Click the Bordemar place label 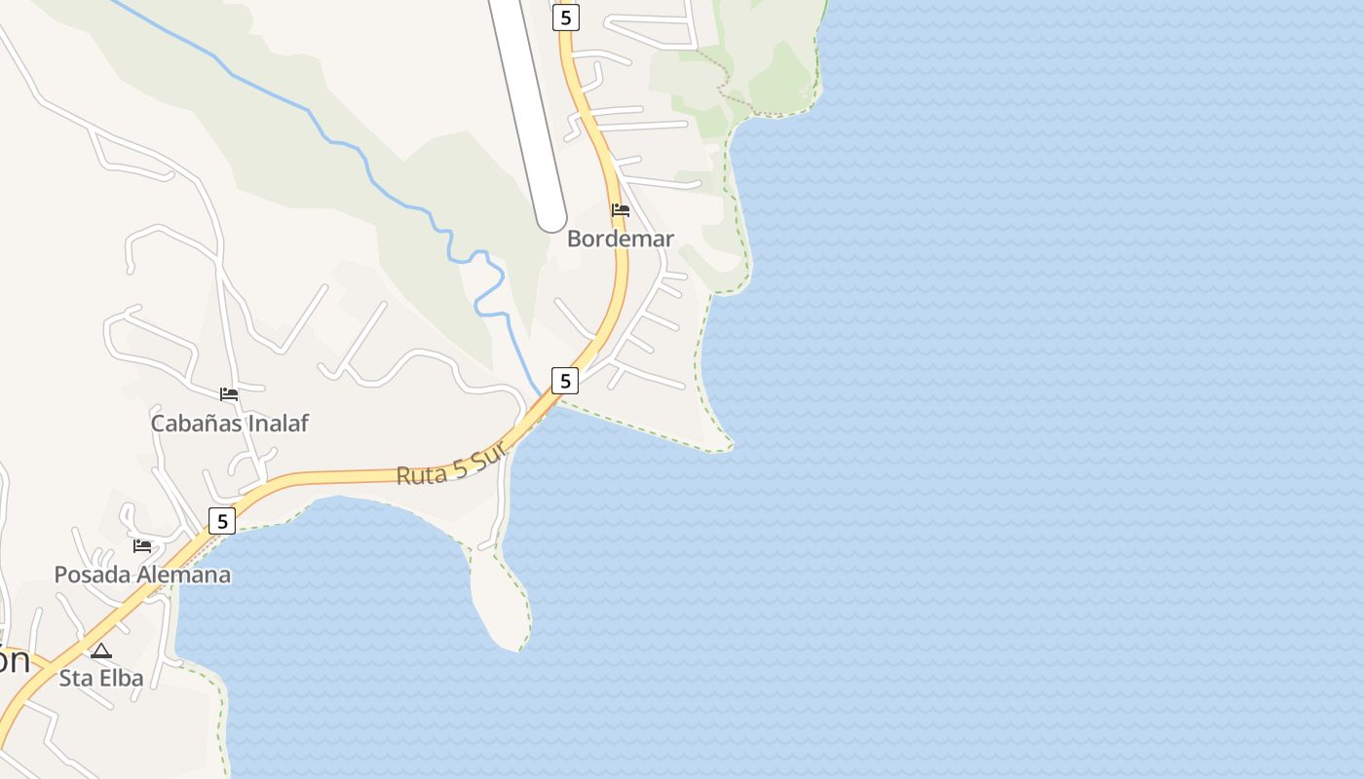click(x=621, y=239)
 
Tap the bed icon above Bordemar click(x=620, y=209)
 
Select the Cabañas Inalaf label click(x=229, y=423)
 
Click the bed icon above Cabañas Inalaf click(x=229, y=393)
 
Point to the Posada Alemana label click(x=142, y=575)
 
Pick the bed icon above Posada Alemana click(x=142, y=545)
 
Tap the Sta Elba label click(x=101, y=678)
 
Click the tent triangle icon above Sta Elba click(x=101, y=649)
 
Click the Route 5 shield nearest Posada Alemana click(x=222, y=521)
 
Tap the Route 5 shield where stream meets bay click(x=565, y=381)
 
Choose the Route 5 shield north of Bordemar click(x=565, y=17)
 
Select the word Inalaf click(x=278, y=423)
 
